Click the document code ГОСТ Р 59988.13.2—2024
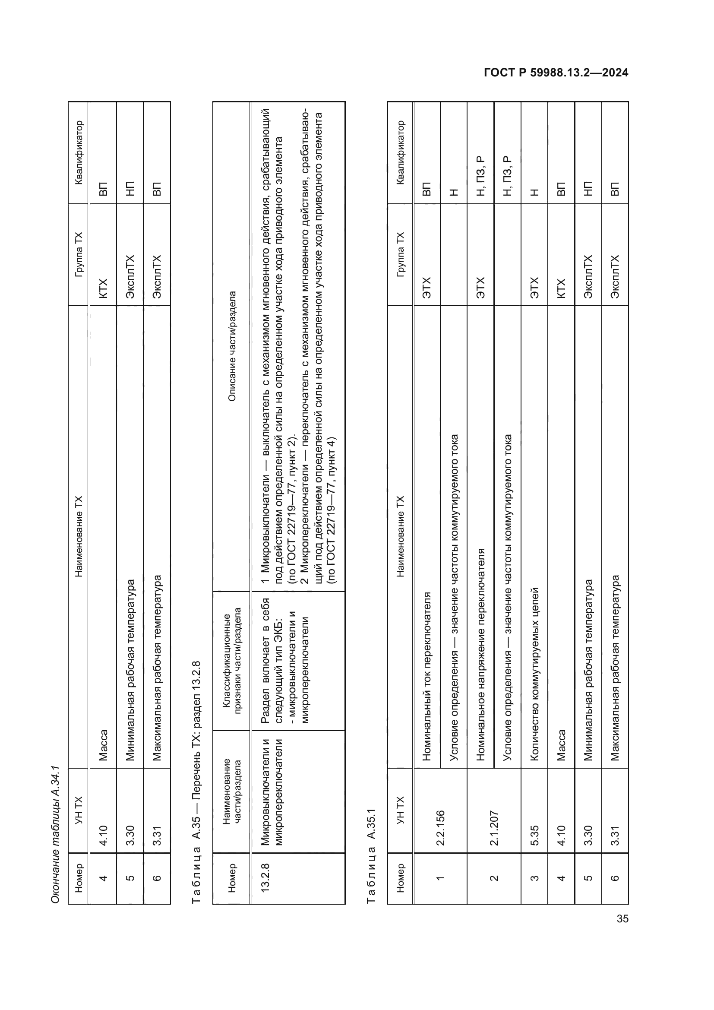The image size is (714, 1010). [x=556, y=73]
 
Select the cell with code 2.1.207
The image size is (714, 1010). [x=494, y=827]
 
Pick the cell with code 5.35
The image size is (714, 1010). [x=534, y=835]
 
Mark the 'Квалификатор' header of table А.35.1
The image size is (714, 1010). [x=400, y=152]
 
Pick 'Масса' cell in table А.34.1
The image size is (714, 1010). [x=103, y=745]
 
